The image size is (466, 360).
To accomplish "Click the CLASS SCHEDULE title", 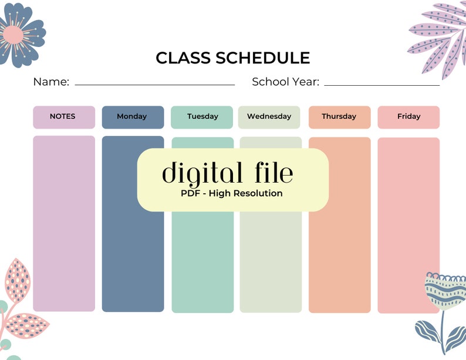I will point(232,58).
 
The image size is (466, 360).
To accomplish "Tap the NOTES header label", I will point(63,116).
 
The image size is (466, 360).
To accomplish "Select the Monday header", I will point(132,116).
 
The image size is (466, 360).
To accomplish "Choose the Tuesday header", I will point(202,116).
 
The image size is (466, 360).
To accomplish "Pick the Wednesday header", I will point(269,116).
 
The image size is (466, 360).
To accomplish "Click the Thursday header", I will point(339,116).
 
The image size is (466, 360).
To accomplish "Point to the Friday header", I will point(408,116).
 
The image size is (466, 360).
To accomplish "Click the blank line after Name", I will point(155,85).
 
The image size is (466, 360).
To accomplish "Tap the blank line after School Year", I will point(381,85).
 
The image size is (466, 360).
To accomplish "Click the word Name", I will point(51,82).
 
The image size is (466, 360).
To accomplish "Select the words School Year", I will point(285,82).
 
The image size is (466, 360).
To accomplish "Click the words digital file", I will point(227,173).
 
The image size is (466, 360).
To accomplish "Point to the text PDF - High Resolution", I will point(232,193).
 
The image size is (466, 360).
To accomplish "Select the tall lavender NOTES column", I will point(63,235).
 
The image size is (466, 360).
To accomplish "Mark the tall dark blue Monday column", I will point(133,253).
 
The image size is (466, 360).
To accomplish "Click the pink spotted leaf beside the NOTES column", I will point(18,281).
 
